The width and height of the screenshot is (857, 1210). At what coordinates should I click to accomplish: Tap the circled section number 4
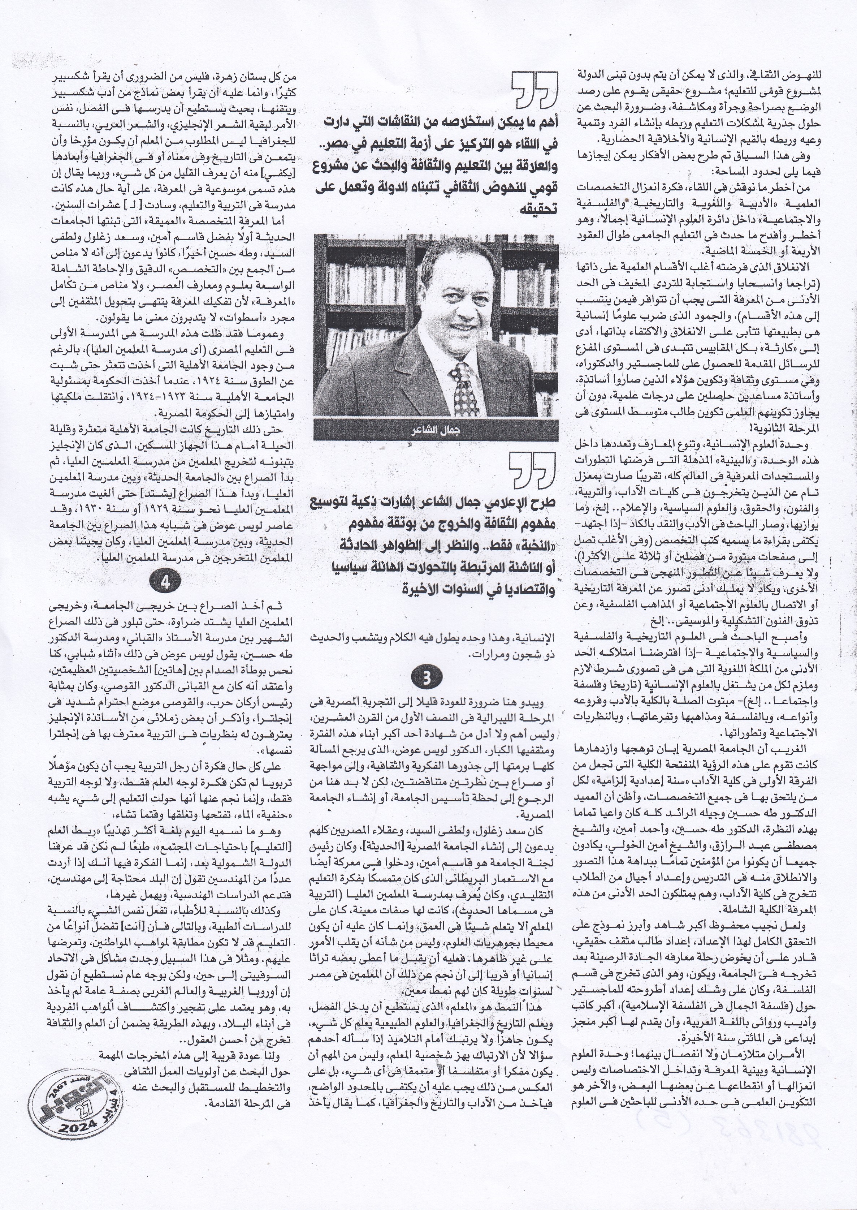coord(165,582)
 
